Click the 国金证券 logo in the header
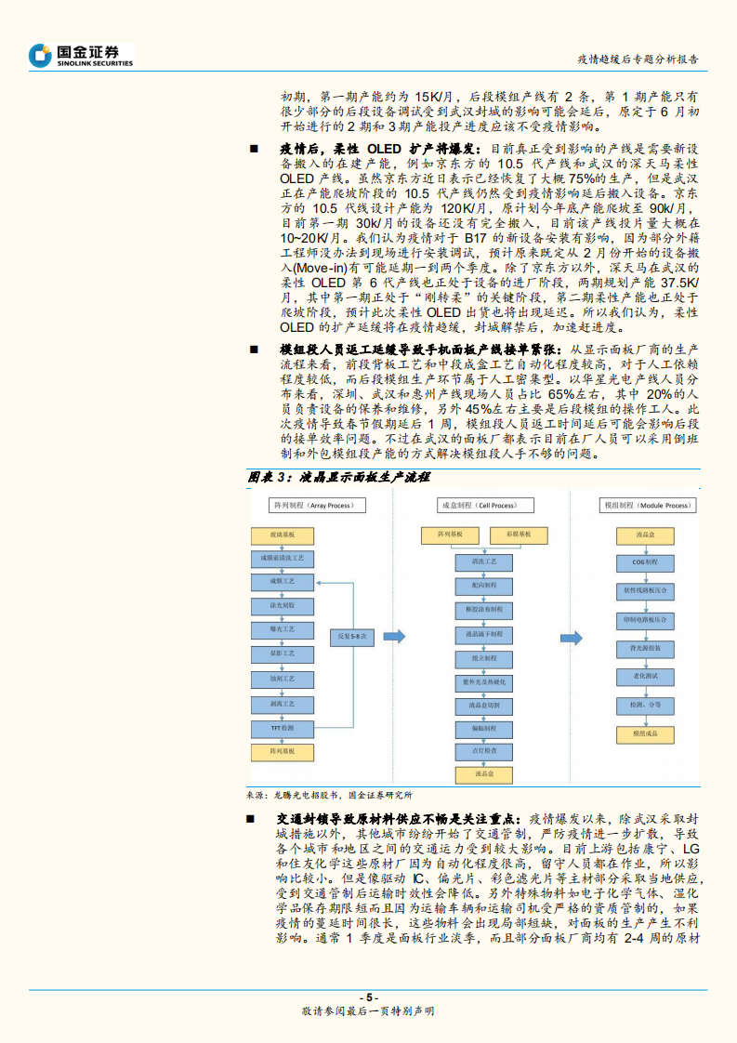coord(82,55)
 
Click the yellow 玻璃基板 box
coord(283,535)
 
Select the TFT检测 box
coord(283,727)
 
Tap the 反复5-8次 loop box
coord(353,637)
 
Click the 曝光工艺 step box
coord(283,630)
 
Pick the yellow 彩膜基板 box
coord(510,535)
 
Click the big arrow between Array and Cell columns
coord(395,637)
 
